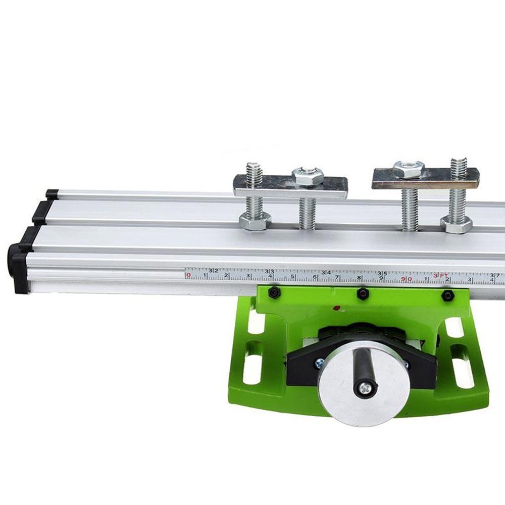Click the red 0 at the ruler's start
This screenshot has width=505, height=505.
pyautogui.click(x=188, y=275)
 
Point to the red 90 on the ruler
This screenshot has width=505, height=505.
pyautogui.click(x=407, y=279)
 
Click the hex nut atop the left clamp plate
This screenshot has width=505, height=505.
pyautogui.click(x=308, y=175)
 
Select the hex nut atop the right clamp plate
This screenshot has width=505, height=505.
pyautogui.click(x=408, y=169)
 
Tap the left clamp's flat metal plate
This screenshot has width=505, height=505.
pyautogui.click(x=290, y=186)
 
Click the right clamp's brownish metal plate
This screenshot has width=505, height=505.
pyautogui.click(x=425, y=179)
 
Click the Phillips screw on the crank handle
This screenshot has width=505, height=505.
pyautogui.click(x=364, y=388)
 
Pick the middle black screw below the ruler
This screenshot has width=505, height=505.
pyautogui.click(x=362, y=293)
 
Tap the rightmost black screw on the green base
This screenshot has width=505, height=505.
pyautogui.click(x=447, y=295)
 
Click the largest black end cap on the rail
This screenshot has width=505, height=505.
pyautogui.click(x=19, y=267)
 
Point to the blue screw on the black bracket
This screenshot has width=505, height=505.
pyautogui.click(x=319, y=362)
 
